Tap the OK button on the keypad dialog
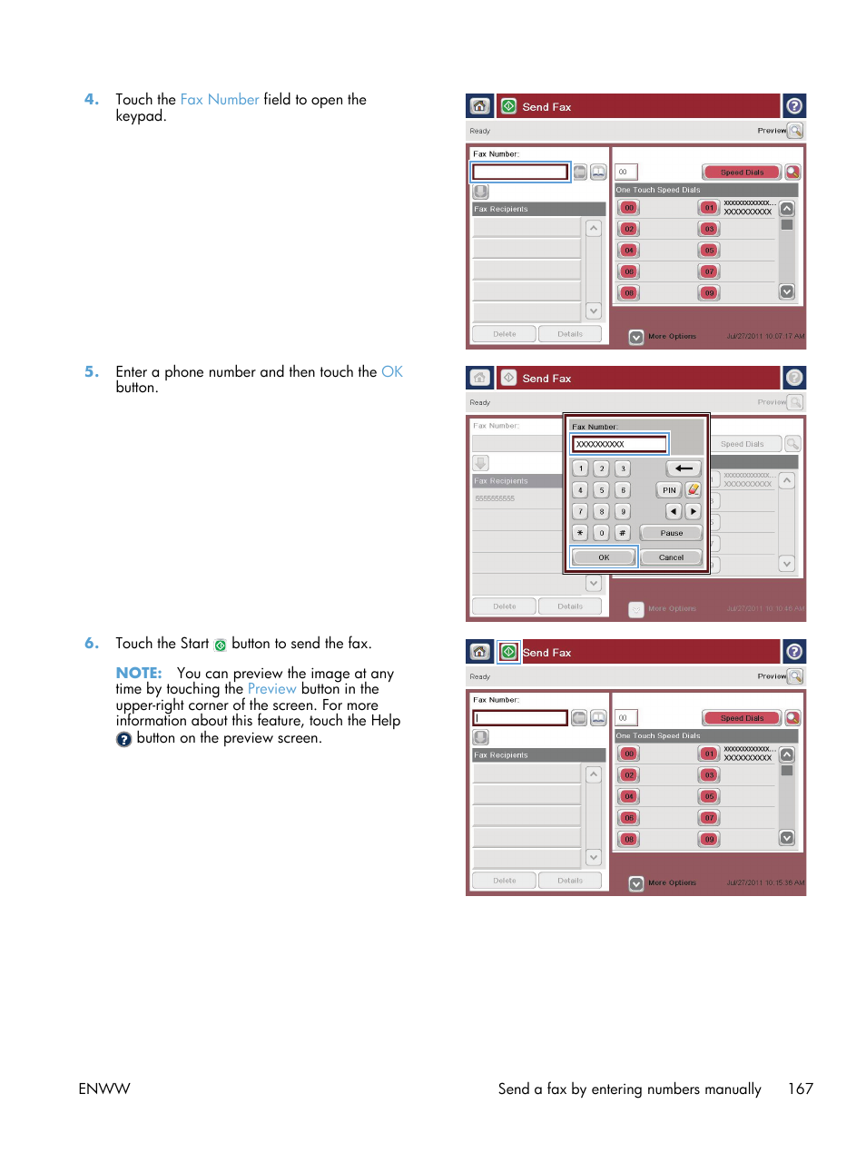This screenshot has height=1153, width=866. click(x=604, y=557)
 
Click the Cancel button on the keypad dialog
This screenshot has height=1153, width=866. click(x=671, y=557)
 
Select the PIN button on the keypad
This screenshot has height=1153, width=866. click(x=669, y=490)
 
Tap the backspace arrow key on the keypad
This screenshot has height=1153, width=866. click(x=684, y=468)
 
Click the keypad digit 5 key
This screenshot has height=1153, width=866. click(x=601, y=490)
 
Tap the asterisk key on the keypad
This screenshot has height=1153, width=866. click(x=580, y=533)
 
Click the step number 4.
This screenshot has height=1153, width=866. click(x=91, y=100)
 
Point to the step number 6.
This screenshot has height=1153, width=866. click(x=91, y=644)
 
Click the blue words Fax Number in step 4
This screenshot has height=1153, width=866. click(x=220, y=100)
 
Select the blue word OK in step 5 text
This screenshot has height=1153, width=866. click(x=391, y=372)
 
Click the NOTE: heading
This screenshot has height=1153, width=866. click(x=139, y=674)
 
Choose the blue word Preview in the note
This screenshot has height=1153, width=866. click(x=271, y=689)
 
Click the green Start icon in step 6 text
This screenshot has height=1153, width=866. click(x=220, y=645)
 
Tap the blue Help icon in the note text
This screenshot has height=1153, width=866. click(x=124, y=739)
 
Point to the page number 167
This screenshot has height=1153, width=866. click(x=800, y=1089)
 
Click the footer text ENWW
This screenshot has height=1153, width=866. click(x=104, y=1089)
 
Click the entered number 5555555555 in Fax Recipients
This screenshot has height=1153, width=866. click(x=495, y=498)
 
